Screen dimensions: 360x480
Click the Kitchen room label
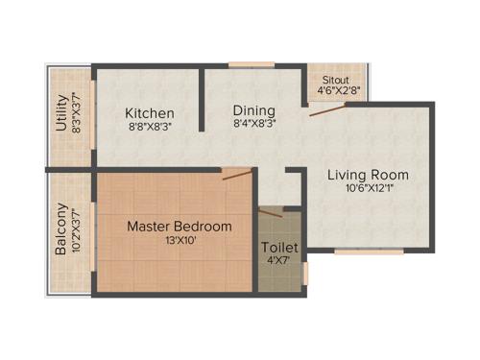(x=149, y=113)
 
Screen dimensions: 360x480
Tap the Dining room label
(x=254, y=109)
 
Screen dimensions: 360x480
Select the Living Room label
(x=368, y=175)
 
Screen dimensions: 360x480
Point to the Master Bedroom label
(x=180, y=227)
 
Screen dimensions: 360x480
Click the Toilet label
(x=280, y=248)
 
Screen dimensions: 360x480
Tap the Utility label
(x=61, y=112)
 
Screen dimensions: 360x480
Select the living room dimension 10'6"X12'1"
(x=368, y=189)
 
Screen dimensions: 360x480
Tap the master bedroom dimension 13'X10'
(x=180, y=241)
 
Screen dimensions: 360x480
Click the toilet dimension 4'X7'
(x=280, y=261)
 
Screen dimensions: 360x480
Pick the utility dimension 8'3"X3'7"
(x=75, y=112)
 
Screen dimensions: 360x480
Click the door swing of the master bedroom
(x=237, y=174)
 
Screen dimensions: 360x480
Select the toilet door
(x=271, y=208)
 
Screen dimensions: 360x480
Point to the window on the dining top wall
(x=252, y=65)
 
